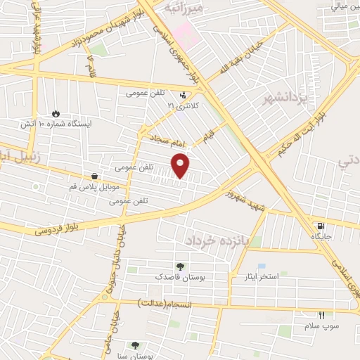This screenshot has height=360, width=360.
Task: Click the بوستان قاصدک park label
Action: [181, 278]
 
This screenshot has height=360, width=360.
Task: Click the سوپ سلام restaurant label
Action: [321, 326]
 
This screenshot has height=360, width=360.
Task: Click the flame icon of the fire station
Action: [56, 112]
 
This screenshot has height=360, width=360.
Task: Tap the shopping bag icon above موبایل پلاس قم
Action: [94, 176]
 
